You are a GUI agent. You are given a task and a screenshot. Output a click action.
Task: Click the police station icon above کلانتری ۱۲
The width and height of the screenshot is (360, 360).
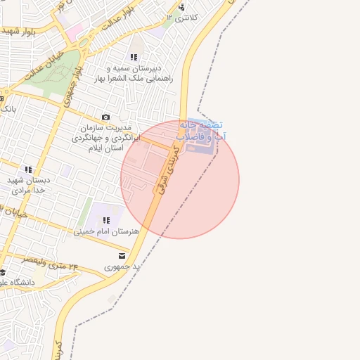click(182, 7)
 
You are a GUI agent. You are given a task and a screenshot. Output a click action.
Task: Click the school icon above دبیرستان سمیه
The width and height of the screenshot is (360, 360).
click(134, 57)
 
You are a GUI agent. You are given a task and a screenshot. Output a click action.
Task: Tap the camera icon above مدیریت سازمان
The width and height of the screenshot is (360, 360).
click(105, 117)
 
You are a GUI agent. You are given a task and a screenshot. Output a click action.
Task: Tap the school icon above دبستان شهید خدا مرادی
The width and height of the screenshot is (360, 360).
click(28, 169)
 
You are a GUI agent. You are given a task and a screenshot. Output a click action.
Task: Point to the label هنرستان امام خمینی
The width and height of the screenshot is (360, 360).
click(107, 231)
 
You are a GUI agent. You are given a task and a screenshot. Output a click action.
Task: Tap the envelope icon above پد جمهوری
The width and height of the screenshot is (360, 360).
click(122, 256)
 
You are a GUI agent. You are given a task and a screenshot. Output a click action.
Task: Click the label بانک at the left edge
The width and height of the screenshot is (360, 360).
click(8, 109)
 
